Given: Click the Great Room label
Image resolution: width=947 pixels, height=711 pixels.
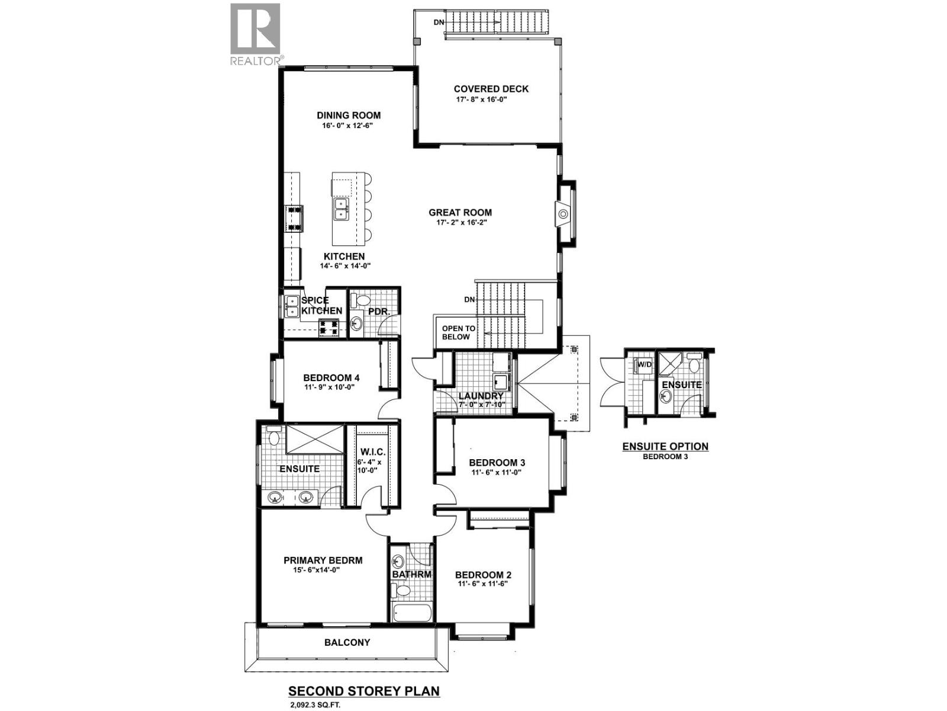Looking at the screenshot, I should coord(460,212).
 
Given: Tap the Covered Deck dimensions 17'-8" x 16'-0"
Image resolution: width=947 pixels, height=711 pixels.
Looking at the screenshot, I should coord(481,100).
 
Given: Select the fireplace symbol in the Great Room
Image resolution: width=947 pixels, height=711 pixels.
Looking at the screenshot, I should coord(563,213).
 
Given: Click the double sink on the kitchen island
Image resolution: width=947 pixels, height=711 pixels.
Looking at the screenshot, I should coord(342,208).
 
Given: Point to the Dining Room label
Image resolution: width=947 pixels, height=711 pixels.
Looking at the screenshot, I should coord(348,116).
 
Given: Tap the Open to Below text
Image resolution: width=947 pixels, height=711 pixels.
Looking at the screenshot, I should coord(458,332).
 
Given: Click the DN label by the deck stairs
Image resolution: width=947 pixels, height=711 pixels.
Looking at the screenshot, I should coord(439,22).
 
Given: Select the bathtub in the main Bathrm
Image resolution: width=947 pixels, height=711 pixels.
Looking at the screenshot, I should coord(412,611).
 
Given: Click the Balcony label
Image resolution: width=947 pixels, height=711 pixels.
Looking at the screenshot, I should coord(347,642).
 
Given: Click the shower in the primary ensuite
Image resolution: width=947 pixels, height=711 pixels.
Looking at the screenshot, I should coord(314,440).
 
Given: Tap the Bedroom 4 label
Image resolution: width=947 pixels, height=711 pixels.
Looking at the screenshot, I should coord(331,377).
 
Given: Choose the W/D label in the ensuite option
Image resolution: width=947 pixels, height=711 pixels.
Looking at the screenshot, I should coord(644,364).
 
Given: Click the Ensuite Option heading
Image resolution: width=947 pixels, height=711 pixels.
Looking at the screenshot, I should coord(665,447).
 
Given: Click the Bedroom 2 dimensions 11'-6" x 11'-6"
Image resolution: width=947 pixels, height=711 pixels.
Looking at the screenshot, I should coord(483,584).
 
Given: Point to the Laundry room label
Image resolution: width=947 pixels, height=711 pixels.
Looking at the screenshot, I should coord(481,396).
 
